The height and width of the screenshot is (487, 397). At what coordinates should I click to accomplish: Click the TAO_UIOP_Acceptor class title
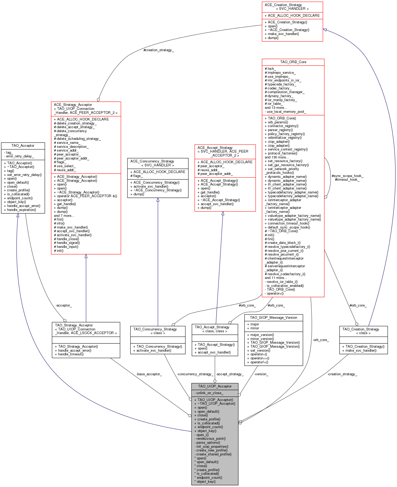click(215, 386)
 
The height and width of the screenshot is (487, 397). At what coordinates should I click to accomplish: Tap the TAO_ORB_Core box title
click(293, 62)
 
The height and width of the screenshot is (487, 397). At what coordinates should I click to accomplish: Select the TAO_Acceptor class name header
click(23, 145)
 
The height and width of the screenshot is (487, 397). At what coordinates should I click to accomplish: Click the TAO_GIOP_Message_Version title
click(273, 317)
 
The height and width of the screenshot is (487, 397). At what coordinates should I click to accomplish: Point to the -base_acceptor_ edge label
click(149, 374)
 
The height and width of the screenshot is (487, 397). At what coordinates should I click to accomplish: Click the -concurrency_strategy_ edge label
click(195, 374)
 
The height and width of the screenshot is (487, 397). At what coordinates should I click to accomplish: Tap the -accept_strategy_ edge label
click(230, 374)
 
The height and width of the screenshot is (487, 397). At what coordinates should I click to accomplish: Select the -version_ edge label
click(261, 374)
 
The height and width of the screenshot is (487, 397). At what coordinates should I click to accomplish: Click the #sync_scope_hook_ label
click(347, 176)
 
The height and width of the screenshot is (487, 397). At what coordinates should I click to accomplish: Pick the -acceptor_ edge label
click(63, 305)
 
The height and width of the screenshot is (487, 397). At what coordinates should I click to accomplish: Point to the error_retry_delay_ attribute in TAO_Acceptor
click(20, 156)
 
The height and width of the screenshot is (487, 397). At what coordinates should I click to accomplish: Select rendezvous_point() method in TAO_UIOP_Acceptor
click(211, 439)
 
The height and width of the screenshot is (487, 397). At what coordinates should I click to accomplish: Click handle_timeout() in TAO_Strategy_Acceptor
click(71, 354)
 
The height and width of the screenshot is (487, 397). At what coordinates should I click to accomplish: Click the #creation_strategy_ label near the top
click(159, 50)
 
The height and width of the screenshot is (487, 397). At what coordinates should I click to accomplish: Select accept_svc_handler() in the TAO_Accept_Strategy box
click(214, 352)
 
